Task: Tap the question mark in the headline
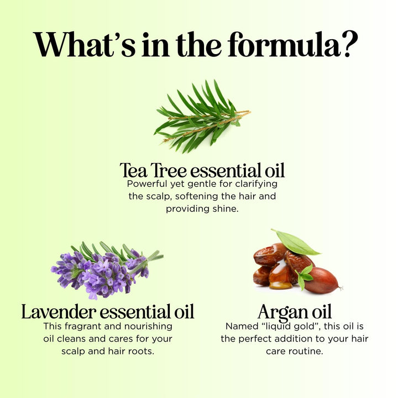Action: pos(350,44)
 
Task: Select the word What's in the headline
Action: pos(84,44)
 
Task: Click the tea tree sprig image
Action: pos(202,117)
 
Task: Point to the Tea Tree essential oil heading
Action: pos(202,170)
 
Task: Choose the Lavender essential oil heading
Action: pos(108,311)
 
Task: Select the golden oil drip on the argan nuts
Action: pos(280,275)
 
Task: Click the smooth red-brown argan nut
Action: pos(322,280)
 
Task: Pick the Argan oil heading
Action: pos(295,312)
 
